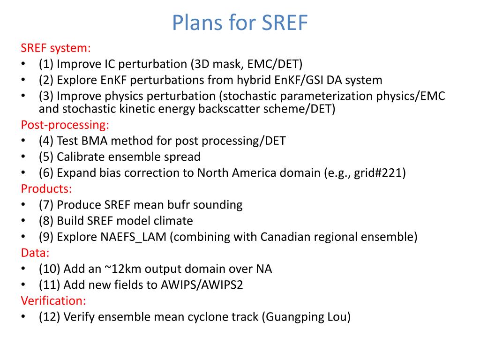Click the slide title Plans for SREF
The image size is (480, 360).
coord(240,22)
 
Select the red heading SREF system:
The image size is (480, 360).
coord(55,48)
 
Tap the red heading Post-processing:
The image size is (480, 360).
coord(65,125)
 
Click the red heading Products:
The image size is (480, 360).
coord(46,189)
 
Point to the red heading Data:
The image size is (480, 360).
coord(35,253)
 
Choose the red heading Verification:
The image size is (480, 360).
coord(53,300)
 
